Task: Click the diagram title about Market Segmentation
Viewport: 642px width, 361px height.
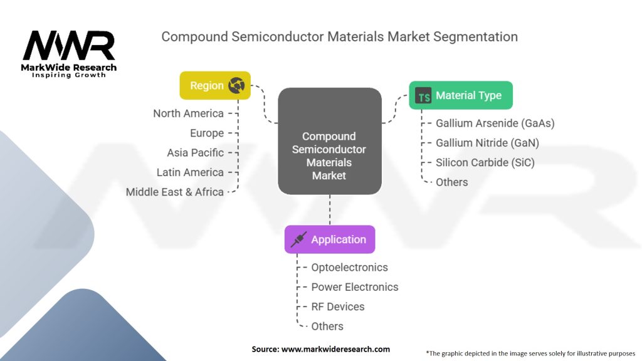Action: coord(339,36)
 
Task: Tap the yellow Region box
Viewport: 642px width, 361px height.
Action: coord(215,85)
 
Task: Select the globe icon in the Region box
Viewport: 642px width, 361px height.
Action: coord(236,85)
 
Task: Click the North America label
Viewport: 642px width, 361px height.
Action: coord(188,113)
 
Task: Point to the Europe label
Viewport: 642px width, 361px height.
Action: coord(207,133)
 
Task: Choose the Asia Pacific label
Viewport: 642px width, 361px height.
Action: coord(195,153)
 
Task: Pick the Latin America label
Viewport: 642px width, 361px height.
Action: coord(190,172)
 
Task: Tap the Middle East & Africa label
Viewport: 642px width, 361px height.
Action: coord(174,192)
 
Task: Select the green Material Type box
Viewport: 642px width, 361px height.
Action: coord(460,95)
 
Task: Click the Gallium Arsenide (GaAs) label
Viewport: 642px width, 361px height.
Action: coord(495,123)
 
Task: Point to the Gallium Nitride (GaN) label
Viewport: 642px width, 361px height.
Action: coord(487,143)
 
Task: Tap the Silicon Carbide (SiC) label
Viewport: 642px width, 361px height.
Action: coord(485,162)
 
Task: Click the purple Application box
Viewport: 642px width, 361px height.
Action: coord(330,239)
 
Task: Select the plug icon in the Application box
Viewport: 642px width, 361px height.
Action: coord(299,239)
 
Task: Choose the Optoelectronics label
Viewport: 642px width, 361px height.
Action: coord(349,268)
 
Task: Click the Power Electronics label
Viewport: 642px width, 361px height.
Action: coord(354,287)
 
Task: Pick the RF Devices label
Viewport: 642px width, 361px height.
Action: coord(337,306)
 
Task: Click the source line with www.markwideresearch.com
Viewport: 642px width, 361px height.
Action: coord(320,349)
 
